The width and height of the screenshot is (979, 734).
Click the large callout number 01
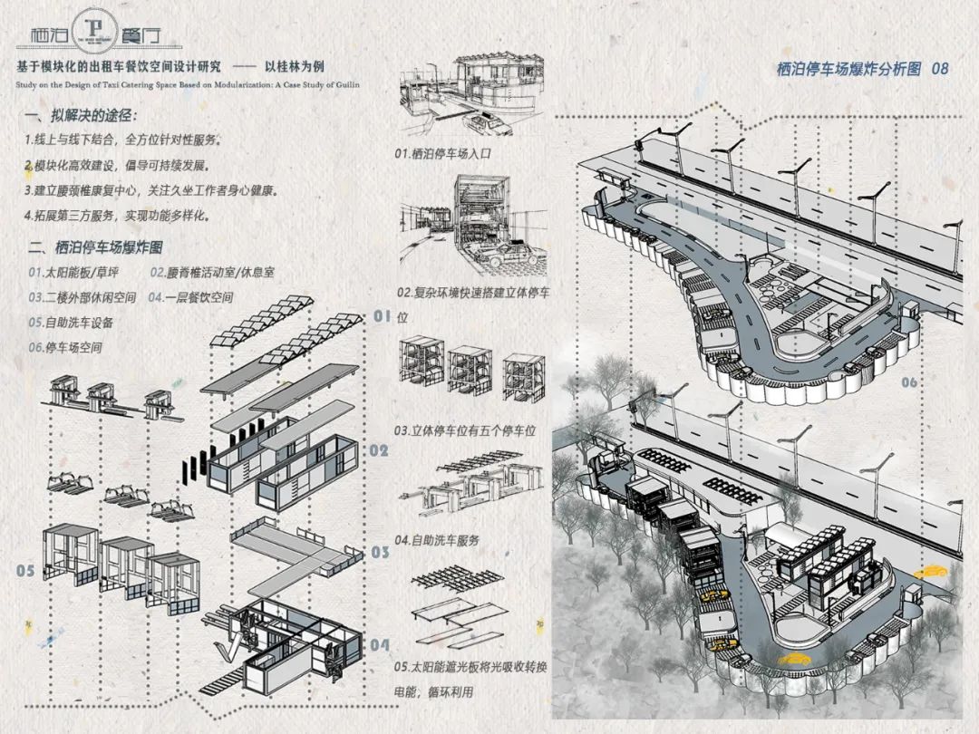click(382, 316)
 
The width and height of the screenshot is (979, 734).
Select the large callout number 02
click(379, 450)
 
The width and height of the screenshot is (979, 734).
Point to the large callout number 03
click(380, 552)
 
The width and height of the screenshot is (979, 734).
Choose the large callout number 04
click(380, 646)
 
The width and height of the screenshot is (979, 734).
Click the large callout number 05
click(24, 571)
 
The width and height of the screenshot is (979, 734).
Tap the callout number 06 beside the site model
click(908, 383)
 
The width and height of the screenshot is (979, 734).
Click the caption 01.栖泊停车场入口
click(442, 154)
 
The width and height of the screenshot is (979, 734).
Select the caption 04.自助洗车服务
click(437, 540)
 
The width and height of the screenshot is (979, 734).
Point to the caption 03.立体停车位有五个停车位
click(465, 431)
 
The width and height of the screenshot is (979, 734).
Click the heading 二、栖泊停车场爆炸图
click(96, 247)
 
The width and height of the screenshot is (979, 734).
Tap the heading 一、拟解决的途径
click(82, 117)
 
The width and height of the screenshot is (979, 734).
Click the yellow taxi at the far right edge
click(930, 573)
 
